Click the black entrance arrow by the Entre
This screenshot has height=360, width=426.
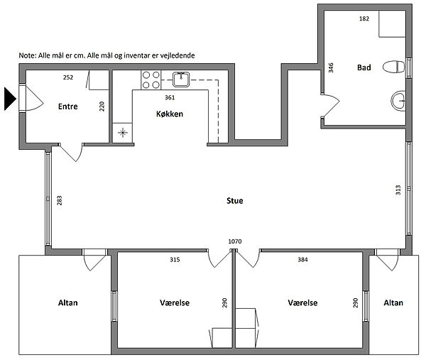coord(10,99)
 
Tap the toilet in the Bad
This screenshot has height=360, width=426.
coord(393,67)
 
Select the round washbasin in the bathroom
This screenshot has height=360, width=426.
coord(398,101)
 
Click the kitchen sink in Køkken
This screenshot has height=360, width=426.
coord(181,80)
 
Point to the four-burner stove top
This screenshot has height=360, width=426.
coord(151,80)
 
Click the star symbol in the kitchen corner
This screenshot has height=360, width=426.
coord(123,133)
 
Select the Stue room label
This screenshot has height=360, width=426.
coord(235,201)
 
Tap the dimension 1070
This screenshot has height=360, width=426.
coord(235,241)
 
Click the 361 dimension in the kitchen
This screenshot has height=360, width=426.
coord(170,97)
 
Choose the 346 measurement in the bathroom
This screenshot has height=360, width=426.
coord(331,67)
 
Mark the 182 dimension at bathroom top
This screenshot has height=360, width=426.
coord(364,18)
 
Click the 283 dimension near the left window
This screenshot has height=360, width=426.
coord(59,200)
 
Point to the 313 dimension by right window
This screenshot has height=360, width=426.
coord(398,190)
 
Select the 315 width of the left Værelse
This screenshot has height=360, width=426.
coord(175,259)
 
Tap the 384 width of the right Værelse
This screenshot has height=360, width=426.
coord(302,259)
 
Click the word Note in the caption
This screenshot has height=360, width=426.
coord(27,55)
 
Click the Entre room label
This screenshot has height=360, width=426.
coord(68,107)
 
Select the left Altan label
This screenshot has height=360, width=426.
coord(68,302)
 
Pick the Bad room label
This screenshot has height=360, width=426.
coord(364,67)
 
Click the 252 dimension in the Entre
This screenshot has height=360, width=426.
coord(68,77)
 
